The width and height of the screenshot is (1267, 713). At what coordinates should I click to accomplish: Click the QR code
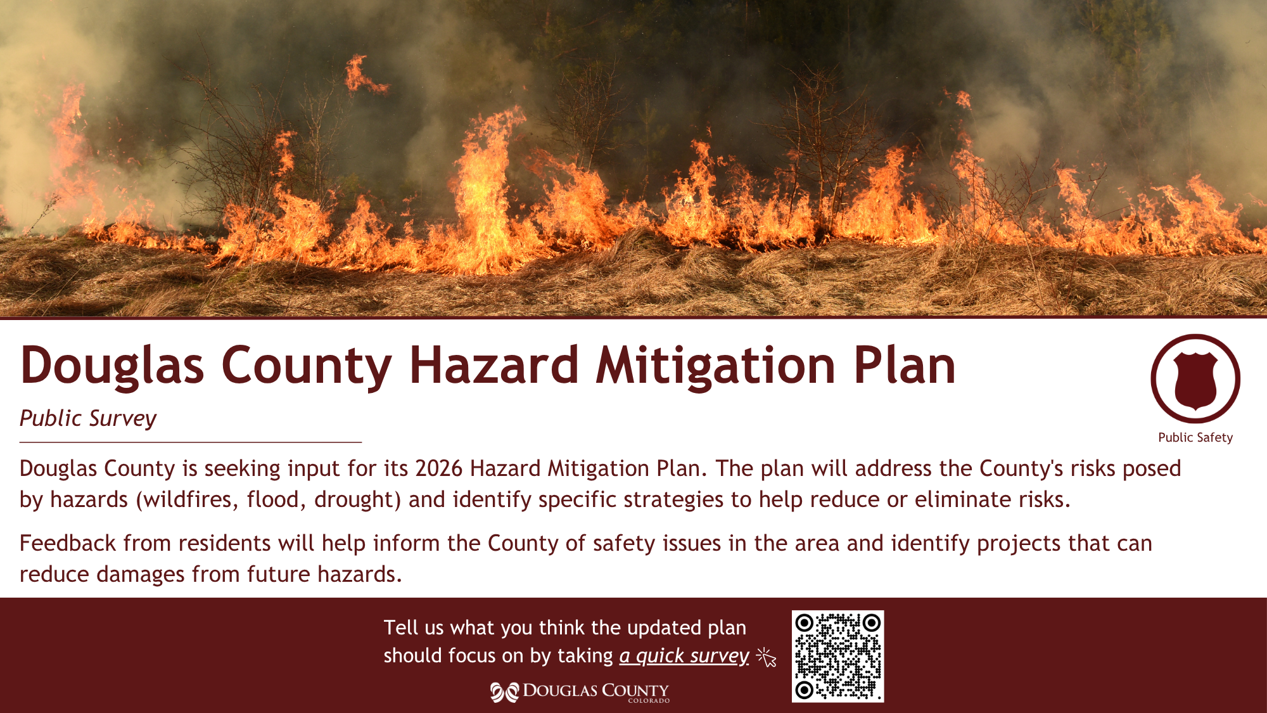click(837, 656)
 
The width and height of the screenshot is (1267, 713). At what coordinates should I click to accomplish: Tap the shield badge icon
click(1195, 379)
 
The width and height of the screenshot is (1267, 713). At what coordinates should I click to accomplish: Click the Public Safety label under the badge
click(1195, 437)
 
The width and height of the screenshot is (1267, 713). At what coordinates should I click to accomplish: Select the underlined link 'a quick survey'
click(684, 656)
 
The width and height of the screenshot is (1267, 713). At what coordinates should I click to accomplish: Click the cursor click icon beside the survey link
click(767, 657)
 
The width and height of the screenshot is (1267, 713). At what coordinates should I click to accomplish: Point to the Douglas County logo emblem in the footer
click(504, 692)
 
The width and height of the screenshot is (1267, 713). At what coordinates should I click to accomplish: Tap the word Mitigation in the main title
click(716, 366)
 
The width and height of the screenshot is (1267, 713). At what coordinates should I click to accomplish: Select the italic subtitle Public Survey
click(88, 419)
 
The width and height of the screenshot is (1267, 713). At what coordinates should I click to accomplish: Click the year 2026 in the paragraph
click(439, 468)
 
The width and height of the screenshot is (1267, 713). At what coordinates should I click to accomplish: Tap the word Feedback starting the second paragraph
click(68, 543)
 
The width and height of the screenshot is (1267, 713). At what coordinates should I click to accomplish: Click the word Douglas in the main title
click(112, 366)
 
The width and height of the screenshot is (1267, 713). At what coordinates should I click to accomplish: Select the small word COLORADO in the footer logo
click(649, 701)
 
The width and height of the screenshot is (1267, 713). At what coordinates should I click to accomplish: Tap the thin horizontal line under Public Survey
click(191, 442)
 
